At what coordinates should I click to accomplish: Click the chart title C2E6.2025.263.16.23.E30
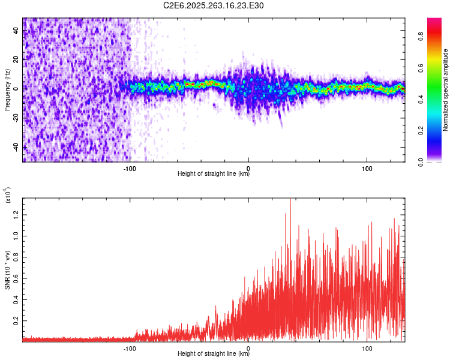(214, 5)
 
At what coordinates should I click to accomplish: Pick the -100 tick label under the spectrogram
(130, 167)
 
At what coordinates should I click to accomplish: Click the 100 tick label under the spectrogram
(367, 167)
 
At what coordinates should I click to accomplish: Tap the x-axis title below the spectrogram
(214, 174)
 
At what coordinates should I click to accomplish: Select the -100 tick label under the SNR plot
(130, 347)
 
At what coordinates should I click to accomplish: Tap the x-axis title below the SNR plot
(214, 354)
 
